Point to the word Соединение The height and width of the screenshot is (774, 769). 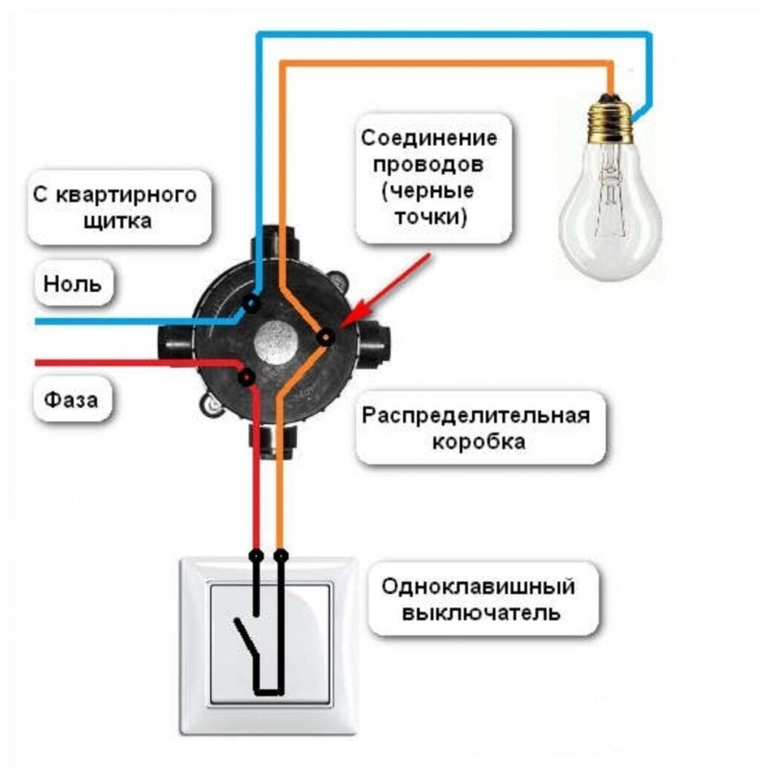tap(429, 139)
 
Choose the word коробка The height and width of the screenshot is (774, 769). tap(479, 442)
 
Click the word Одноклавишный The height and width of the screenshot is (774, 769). tap(478, 587)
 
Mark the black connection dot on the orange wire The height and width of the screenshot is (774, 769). tap(324, 338)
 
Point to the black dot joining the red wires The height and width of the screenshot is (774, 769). tap(247, 377)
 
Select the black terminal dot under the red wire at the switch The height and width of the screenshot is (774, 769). tap(256, 555)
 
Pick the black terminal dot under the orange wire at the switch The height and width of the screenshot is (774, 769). tap(280, 555)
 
